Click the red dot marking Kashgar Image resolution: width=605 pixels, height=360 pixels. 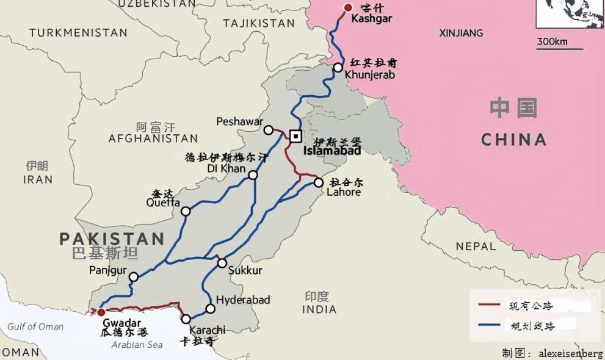tap(348, 8)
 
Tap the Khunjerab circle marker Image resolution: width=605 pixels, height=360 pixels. tap(338, 68)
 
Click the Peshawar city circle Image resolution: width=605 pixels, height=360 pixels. tap(269, 130)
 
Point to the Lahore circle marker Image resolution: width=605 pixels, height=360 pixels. tap(319, 182)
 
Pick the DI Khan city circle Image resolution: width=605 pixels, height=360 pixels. tap(253, 175)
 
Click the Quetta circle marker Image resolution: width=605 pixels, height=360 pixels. tap(186, 211)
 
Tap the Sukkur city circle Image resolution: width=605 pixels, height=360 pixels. tap(222, 263)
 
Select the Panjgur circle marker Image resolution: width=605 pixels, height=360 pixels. tap(134, 276)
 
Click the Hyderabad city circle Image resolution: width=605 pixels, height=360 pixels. tap(211, 309)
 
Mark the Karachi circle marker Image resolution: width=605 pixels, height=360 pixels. tap(186, 319)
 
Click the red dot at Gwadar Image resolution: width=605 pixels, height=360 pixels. tap(101, 312)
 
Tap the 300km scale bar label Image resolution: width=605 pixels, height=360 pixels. tap(552, 42)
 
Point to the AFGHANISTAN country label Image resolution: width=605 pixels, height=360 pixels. tap(153, 139)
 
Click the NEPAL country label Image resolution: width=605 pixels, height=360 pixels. tap(476, 247)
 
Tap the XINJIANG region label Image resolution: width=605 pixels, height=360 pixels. tap(461, 33)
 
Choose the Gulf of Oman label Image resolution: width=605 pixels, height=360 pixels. tap(35, 326)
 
